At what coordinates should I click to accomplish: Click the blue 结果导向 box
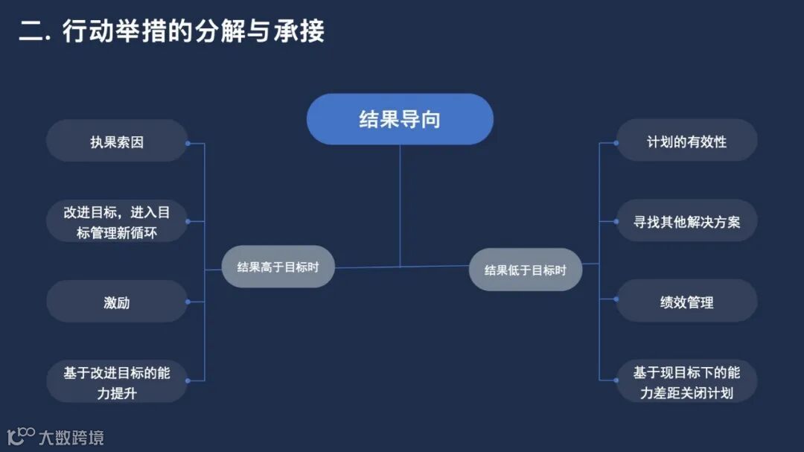tap(400, 119)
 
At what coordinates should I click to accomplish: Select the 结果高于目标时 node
tap(278, 267)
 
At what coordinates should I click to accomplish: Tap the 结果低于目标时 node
tap(525, 270)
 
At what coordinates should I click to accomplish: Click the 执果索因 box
tap(117, 141)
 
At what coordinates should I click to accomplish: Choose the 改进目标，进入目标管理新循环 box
tap(117, 221)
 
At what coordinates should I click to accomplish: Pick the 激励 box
tap(117, 302)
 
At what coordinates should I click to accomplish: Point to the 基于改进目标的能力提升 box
tap(117, 382)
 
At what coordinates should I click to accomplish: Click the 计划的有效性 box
tap(686, 141)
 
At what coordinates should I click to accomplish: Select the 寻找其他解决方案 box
tap(686, 221)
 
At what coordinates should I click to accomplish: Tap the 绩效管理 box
tap(686, 302)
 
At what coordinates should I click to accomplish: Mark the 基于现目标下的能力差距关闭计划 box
tap(686, 382)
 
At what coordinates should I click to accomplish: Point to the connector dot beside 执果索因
tap(188, 143)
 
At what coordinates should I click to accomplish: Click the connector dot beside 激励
tap(188, 302)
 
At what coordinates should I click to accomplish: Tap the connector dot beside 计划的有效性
tap(616, 142)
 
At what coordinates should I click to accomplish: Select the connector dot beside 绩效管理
tap(616, 299)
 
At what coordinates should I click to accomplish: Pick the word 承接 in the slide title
tap(301, 32)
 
